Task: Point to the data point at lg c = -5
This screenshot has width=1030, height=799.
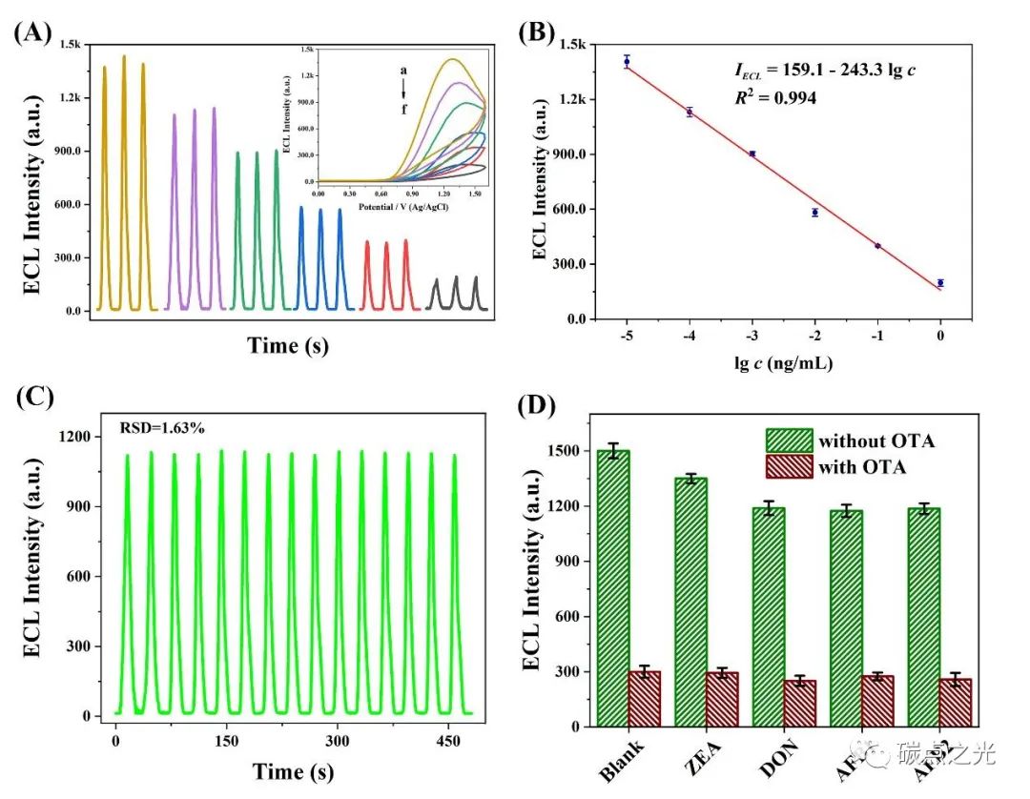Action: pos(627,61)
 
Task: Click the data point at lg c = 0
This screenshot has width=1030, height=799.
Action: pos(940,282)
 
